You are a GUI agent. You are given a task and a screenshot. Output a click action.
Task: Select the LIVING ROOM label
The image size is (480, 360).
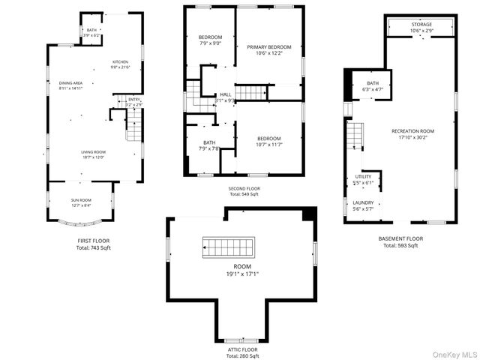pos(94,154)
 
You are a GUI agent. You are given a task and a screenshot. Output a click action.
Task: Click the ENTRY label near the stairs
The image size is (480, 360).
pos(133,100)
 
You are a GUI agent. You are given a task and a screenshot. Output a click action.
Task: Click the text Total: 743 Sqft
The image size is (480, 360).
pos(94,247)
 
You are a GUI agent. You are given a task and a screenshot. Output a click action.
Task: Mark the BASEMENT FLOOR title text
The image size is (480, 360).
pos(400,238)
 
